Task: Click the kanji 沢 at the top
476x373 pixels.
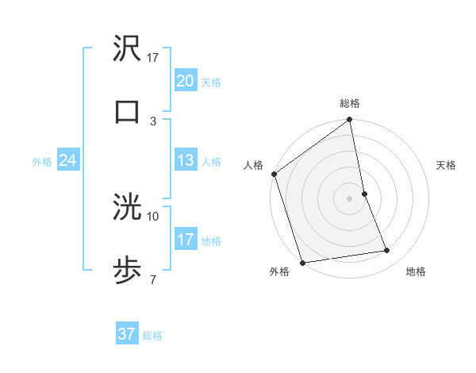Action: [127, 49]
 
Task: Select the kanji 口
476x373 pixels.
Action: [127, 111]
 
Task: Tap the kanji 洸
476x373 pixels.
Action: [127, 208]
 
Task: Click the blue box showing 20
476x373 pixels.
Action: [185, 81]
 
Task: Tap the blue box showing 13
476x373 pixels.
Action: [185, 160]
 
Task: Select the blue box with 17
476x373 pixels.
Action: [185, 240]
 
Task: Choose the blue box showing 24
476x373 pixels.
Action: [67, 160]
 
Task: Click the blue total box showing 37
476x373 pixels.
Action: [126, 334]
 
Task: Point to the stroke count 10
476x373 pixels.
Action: [153, 216]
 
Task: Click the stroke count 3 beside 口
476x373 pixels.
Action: [153, 121]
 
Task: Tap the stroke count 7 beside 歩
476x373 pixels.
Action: [153, 279]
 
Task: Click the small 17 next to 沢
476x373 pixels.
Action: [153, 58]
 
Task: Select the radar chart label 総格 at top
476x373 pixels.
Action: [350, 103]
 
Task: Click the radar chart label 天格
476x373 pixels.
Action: [447, 165]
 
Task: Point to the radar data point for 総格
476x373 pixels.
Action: [350, 121]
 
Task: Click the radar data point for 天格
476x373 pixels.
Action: [364, 194]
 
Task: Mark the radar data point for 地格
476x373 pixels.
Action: [387, 251]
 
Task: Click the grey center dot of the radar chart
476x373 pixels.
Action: [350, 198]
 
